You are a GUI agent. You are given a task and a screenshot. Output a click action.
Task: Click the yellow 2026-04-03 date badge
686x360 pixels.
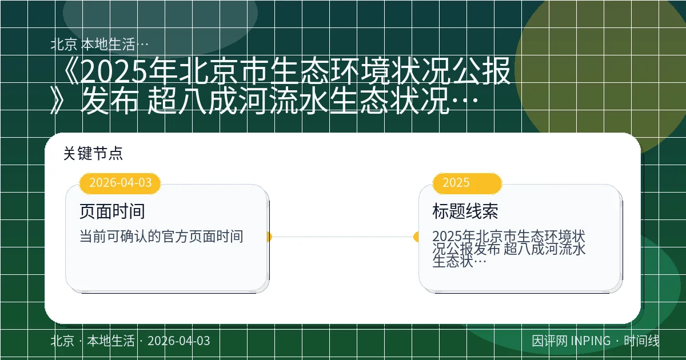121,183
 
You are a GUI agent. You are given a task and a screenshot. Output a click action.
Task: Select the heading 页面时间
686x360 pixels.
112,211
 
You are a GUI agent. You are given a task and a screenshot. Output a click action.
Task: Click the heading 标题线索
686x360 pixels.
465,211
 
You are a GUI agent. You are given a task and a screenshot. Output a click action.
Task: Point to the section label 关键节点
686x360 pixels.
93,153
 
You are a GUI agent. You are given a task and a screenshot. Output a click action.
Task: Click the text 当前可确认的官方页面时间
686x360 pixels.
161,237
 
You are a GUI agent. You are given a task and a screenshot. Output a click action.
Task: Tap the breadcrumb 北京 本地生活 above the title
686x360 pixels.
100,45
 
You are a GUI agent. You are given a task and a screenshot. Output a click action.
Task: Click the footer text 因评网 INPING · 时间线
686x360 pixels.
595,341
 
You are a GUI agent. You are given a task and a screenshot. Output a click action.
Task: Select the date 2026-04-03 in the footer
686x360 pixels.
178,341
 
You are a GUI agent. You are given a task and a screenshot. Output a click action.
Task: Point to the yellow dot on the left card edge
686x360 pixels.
269,237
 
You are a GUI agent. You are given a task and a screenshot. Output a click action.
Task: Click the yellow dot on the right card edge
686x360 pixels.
417,237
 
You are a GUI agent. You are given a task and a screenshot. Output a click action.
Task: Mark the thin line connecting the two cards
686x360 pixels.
343,237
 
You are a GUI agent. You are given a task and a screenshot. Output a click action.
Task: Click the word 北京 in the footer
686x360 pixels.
62,341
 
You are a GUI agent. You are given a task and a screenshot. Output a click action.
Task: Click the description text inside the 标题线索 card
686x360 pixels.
509,249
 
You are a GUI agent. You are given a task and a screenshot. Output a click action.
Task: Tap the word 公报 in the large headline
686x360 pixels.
477,73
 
